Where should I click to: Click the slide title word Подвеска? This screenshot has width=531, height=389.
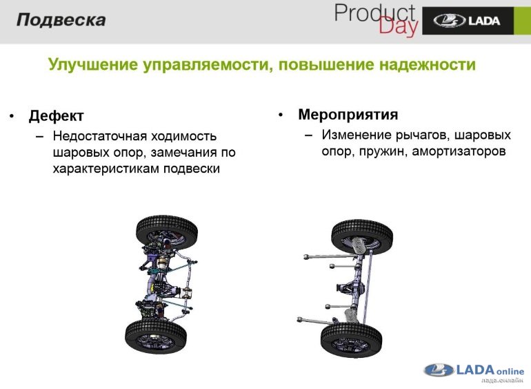pyautogui.click(x=61, y=19)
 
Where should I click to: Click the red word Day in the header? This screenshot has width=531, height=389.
pyautogui.click(x=398, y=26)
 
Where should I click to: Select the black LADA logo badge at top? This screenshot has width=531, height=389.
pyautogui.click(x=468, y=21)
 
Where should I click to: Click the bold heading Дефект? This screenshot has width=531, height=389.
pyautogui.click(x=56, y=115)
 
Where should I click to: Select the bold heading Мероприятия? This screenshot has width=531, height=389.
pyautogui.click(x=348, y=114)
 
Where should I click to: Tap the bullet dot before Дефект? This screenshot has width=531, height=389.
pyautogui.click(x=12, y=116)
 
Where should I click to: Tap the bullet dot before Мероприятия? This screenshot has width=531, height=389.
pyautogui.click(x=281, y=115)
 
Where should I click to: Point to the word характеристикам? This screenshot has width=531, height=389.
pyautogui.click(x=106, y=168)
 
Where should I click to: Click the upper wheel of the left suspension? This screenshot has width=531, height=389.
pyautogui.click(x=167, y=233)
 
